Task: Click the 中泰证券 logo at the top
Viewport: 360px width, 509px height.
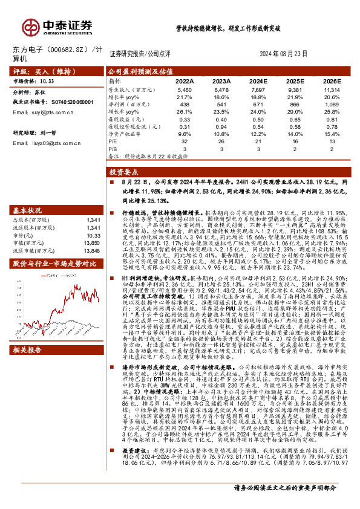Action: [x=57, y=27]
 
